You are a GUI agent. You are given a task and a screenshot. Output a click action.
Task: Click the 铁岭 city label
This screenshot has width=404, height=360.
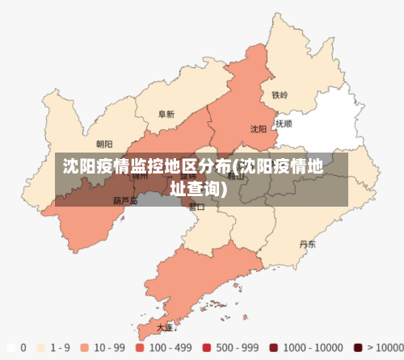pos(280,95)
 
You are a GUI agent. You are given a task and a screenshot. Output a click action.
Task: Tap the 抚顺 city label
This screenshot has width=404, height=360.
pos(284,124)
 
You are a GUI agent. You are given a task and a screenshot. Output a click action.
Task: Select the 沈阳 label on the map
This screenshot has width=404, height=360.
pos(258,128)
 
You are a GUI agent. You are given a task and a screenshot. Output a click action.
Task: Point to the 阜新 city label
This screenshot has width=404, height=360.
pos(166,115)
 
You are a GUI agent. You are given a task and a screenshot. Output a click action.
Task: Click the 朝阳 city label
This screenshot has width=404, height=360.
pos(104,144)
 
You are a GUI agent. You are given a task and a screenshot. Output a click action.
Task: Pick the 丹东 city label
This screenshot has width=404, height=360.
pos(307,243)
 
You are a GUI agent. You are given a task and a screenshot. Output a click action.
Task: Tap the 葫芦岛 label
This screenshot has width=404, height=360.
pos(124,201)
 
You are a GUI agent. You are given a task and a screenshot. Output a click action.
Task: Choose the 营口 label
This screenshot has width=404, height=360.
pos(196,206)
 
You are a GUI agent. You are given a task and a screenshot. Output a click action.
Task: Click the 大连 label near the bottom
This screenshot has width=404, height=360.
pos(164,328)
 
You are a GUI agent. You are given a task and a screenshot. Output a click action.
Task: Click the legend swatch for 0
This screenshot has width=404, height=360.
pos(11,347)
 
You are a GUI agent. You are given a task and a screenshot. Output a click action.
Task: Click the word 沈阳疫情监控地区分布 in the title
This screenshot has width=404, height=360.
pos(145,167)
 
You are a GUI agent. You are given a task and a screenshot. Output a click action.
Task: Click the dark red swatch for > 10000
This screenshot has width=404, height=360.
pos(357,347)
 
